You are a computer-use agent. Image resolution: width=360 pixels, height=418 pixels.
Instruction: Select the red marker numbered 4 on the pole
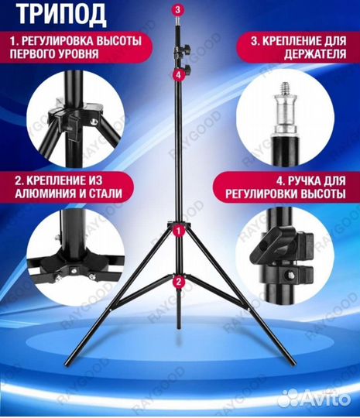[x=179, y=75]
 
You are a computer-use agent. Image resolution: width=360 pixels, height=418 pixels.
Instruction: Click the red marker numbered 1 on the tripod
[x=179, y=230]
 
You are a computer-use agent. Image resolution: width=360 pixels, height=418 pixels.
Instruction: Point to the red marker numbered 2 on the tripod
[x=179, y=282]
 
